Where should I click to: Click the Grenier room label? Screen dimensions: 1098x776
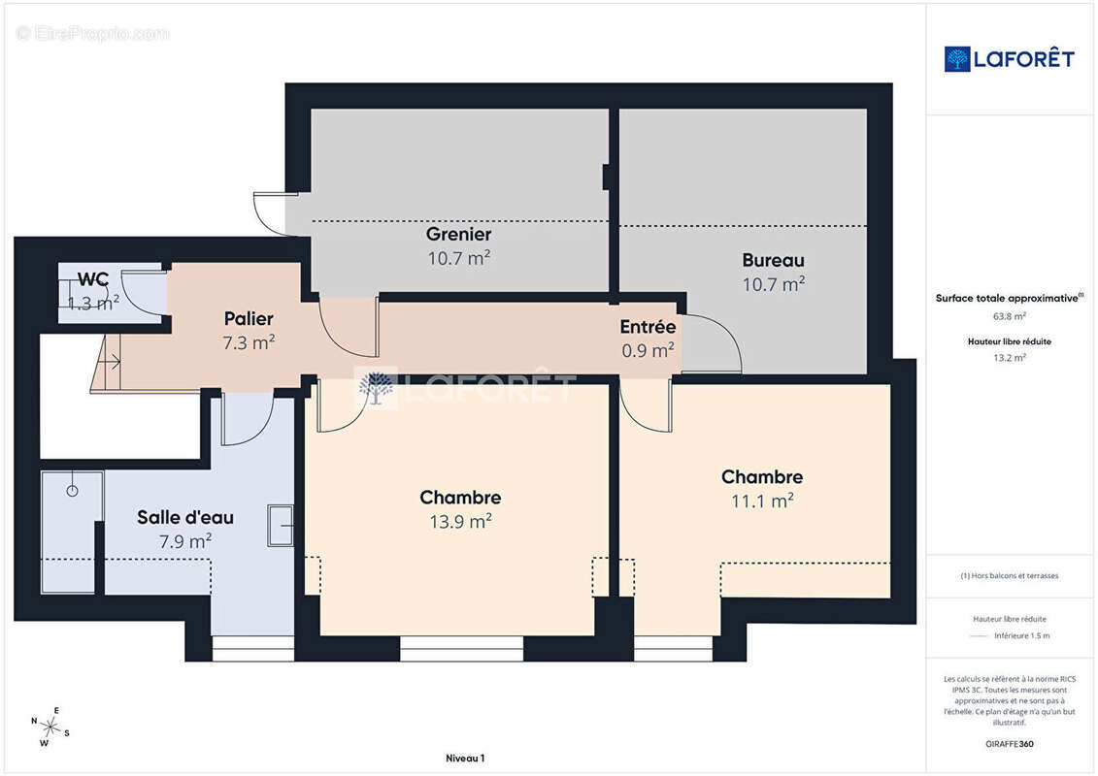[458, 234]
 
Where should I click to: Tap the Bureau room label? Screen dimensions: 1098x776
[773, 260]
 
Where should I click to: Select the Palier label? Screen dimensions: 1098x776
[249, 318]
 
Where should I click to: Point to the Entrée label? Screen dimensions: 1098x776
[648, 327]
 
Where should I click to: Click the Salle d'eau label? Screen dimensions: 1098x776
[185, 517]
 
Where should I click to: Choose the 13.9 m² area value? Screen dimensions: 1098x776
[461, 521]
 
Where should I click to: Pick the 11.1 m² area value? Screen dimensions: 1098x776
[762, 501]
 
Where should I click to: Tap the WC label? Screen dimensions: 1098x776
[93, 279]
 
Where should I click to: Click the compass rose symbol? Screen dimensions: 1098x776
[50, 727]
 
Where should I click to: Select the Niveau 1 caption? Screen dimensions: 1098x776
[465, 758]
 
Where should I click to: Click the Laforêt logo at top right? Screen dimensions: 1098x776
[1009, 59]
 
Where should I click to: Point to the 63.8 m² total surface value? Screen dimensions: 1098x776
[1009, 316]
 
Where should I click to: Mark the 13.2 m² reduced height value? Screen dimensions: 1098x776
[1009, 358]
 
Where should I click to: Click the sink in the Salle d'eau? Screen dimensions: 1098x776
[281, 526]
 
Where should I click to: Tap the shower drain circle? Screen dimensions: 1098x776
[72, 491]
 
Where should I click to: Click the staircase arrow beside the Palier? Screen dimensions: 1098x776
[110, 362]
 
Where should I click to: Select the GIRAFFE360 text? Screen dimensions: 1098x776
[1009, 744]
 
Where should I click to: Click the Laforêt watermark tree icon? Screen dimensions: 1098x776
[377, 387]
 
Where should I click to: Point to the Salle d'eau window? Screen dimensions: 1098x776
[252, 649]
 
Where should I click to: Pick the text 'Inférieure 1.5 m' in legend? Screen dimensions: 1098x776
[1021, 636]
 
